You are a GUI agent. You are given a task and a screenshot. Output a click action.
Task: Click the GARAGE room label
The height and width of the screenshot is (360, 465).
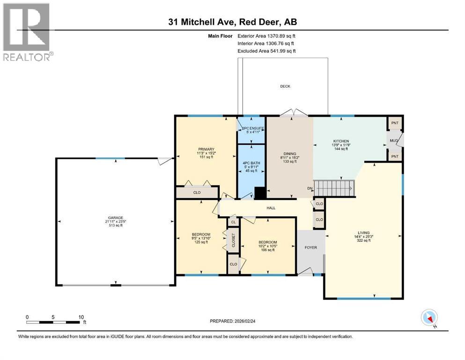[116, 217]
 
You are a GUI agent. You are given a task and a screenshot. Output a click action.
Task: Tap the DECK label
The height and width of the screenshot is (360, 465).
[285, 86]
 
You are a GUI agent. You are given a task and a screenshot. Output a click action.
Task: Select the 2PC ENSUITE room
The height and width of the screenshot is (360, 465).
[251, 130]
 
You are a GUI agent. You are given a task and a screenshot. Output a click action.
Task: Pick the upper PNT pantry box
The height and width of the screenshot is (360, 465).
[395, 123]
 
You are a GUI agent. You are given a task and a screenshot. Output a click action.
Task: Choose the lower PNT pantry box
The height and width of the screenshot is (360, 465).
[395, 156]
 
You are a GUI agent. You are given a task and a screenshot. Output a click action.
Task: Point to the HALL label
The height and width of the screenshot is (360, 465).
[271, 208]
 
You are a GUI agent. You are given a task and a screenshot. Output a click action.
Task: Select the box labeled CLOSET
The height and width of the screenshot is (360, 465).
[233, 240]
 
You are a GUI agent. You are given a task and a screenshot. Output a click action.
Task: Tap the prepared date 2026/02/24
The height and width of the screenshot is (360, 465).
[235, 321]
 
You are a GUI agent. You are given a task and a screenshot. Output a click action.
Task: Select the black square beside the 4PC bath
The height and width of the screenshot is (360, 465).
[260, 193]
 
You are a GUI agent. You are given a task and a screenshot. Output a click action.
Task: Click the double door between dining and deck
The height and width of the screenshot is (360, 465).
[294, 113]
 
